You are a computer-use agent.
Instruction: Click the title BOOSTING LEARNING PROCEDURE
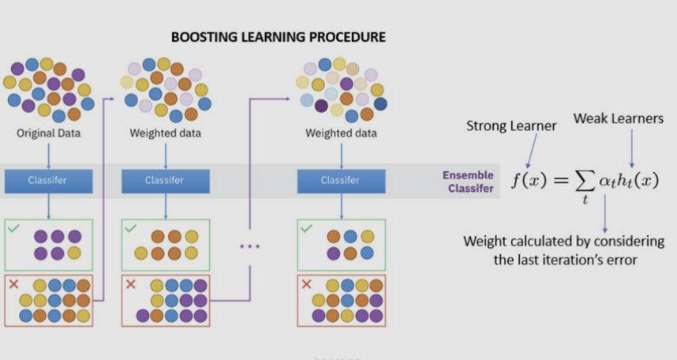click(x=278, y=37)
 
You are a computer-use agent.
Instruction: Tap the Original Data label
click(x=48, y=133)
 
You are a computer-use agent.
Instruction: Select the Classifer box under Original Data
click(x=48, y=180)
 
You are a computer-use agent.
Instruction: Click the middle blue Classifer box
click(x=165, y=180)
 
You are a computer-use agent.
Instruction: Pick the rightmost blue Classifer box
click(x=341, y=180)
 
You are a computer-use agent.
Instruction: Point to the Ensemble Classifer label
click(x=468, y=181)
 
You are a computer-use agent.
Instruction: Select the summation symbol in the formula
click(x=585, y=182)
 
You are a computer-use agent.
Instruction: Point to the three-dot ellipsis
click(x=249, y=246)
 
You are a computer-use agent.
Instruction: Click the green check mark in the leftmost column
click(x=13, y=229)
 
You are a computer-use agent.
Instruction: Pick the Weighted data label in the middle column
click(x=165, y=133)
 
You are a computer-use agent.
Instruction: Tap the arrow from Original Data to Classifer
click(x=48, y=152)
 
